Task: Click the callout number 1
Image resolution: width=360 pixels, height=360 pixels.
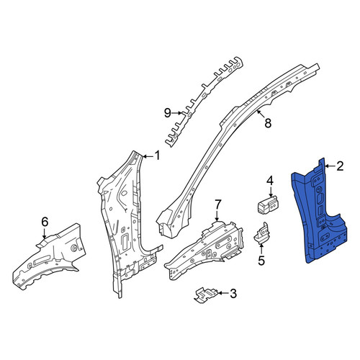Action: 157,156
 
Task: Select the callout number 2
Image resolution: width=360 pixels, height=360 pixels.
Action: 340,166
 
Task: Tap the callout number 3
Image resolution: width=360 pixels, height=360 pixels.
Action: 233,293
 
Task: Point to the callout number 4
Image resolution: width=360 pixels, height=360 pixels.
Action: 270,181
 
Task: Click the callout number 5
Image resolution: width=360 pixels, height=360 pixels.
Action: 261,261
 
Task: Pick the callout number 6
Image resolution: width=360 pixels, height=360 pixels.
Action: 45,222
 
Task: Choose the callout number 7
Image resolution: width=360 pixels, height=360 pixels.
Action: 217,205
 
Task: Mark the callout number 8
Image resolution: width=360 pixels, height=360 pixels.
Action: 268,123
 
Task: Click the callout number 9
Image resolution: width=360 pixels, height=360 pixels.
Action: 168,112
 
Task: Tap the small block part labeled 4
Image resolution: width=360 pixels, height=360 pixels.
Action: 267,204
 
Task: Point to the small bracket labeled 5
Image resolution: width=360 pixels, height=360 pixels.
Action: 262,233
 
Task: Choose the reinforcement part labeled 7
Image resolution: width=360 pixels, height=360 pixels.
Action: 204,250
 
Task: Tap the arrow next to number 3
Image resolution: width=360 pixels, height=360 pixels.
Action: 222,293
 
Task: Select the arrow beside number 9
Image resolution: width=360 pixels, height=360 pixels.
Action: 177,112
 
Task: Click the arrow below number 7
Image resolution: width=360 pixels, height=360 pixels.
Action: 217,216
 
